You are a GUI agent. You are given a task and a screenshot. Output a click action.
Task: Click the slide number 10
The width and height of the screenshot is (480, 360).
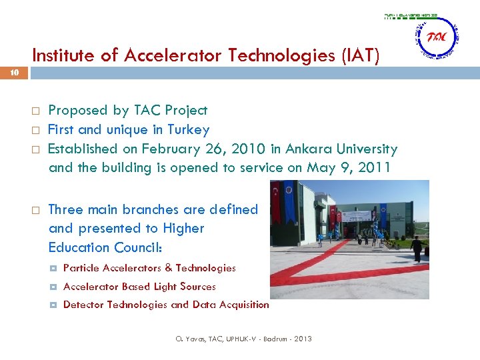[14, 74]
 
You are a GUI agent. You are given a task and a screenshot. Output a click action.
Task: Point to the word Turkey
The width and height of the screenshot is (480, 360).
[188, 129]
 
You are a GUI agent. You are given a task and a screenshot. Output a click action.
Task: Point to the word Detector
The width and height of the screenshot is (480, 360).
[83, 305]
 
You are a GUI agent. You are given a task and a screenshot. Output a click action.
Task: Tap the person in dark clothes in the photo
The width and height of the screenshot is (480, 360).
[417, 249]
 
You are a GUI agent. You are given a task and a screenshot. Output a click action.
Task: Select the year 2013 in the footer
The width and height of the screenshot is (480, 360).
[301, 339]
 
